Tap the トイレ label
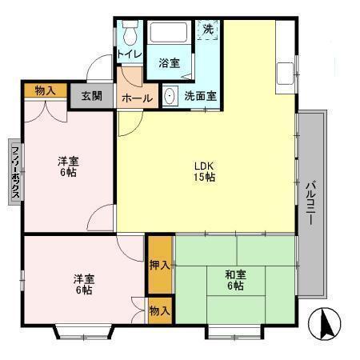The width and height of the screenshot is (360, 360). (x=130, y=54)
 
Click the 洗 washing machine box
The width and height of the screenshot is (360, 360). (x=208, y=30)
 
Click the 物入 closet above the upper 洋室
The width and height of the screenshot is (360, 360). (x=46, y=90)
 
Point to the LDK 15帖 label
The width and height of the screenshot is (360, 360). (x=204, y=172)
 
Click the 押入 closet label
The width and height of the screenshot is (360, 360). (x=159, y=264)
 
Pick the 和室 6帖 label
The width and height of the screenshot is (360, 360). (x=236, y=281)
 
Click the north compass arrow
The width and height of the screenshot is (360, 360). (x=326, y=325)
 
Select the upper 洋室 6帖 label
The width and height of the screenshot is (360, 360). (x=68, y=166)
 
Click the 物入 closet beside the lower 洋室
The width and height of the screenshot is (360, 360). (x=159, y=310)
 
